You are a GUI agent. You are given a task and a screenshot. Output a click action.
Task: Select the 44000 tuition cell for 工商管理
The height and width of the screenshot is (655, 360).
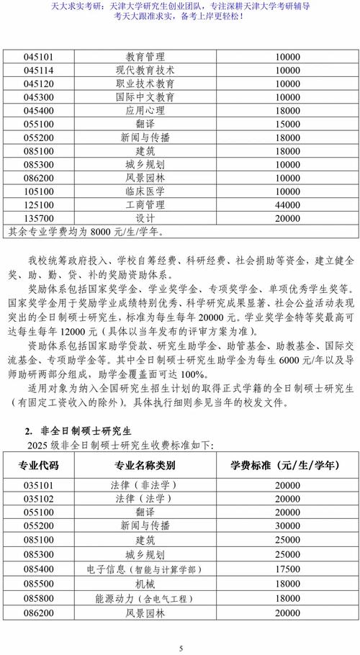pyautogui.click(x=287, y=204)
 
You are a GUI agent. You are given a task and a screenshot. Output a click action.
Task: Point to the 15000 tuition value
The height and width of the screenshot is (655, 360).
pyautogui.click(x=287, y=124)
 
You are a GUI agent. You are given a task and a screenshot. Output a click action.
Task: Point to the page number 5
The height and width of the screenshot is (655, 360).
pyautogui.click(x=181, y=649)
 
